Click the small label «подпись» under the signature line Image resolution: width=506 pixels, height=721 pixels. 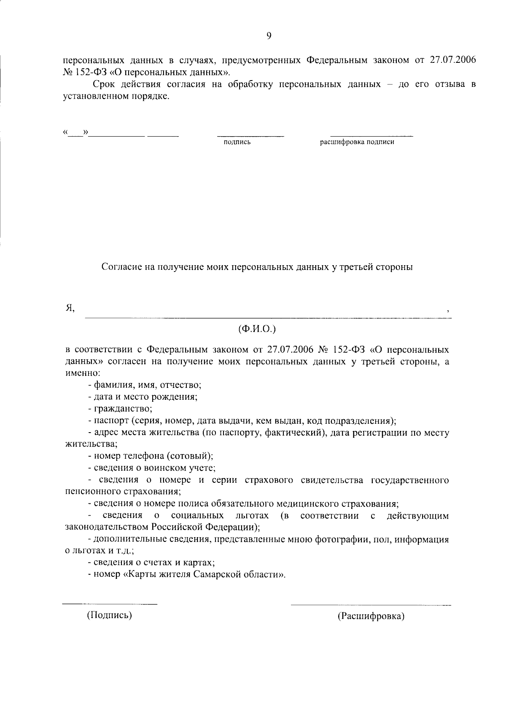(x=237, y=142)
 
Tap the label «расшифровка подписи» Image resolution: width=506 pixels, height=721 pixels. (x=357, y=142)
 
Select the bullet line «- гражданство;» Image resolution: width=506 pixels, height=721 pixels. (x=120, y=409)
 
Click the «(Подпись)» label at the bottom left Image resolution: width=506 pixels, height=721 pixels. (x=110, y=615)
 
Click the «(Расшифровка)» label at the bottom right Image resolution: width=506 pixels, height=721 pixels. (x=371, y=616)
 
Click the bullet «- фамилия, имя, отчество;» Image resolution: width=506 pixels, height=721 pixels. (x=145, y=385)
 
